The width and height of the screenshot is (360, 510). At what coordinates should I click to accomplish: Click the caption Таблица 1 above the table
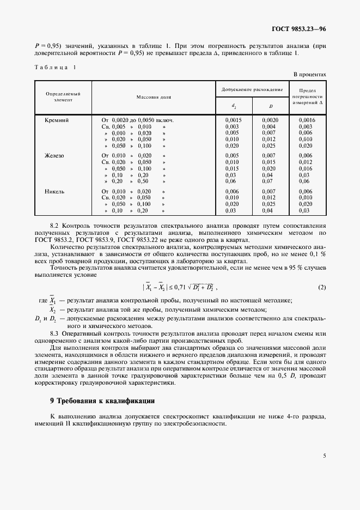pos(56,67)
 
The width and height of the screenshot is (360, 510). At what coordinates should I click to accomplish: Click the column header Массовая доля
pos(154,97)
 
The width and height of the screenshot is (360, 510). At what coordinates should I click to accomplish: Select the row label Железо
pos(54,155)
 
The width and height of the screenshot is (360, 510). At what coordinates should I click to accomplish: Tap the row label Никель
pos(54,191)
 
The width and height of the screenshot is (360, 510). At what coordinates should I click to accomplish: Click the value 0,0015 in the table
pos(233,119)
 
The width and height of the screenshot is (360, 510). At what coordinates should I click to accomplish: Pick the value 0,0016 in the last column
pos(307,119)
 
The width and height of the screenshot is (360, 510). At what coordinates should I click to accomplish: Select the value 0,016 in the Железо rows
pos(306,168)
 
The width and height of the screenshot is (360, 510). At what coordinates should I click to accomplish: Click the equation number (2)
pos(322,287)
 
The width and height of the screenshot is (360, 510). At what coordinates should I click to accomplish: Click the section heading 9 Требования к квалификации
pos(103,400)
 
